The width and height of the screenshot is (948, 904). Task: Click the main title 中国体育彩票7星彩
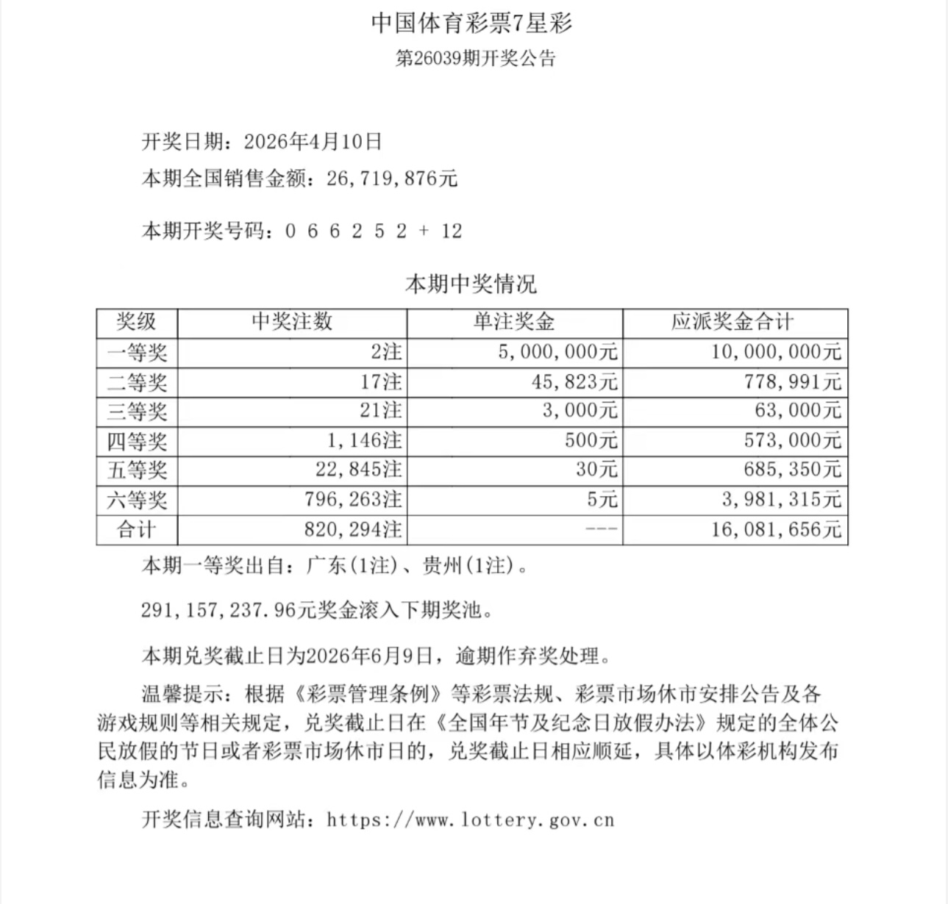tap(471, 24)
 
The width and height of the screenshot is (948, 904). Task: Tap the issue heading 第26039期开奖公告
tap(475, 59)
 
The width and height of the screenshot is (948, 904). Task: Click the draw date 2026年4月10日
tap(313, 141)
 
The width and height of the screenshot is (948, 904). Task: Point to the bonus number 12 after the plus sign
tap(452, 232)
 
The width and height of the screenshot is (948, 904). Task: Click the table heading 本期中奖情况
tap(471, 284)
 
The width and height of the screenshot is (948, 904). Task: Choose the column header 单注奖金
tap(514, 322)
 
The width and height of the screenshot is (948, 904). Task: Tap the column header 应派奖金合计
tap(733, 322)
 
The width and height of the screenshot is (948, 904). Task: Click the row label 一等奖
tap(137, 352)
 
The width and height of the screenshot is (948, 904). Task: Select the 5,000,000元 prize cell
tap(558, 352)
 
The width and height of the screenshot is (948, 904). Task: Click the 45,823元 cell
tap(574, 381)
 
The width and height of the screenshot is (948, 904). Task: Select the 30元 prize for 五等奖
tap(596, 470)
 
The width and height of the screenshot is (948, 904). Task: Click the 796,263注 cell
tap(353, 500)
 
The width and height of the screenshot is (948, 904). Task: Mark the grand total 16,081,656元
tap(776, 530)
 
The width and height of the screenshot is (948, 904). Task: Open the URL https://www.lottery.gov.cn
tap(470, 819)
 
